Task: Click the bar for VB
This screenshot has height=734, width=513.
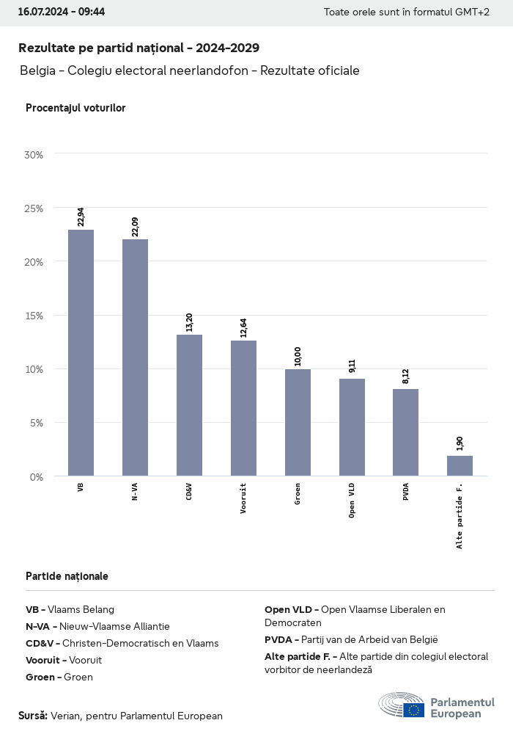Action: click(x=81, y=352)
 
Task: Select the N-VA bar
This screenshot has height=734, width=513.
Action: click(x=135, y=357)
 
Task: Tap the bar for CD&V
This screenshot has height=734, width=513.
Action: click(x=189, y=405)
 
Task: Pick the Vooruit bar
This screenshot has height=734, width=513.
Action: click(x=243, y=408)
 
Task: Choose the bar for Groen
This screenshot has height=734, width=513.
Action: click(x=298, y=422)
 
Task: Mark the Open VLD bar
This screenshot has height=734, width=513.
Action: click(x=352, y=427)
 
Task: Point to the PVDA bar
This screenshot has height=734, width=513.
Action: click(x=405, y=432)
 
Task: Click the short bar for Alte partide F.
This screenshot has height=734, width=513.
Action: click(x=460, y=466)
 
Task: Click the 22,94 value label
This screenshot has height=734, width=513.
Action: click(x=81, y=217)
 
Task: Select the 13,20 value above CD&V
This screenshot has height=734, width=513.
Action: click(x=190, y=322)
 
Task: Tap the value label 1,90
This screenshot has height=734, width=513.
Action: click(x=460, y=443)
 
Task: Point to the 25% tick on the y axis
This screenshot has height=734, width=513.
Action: click(x=34, y=208)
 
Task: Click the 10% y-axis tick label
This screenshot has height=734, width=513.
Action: click(x=34, y=369)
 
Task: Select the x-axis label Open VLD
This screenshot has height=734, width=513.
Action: click(x=353, y=501)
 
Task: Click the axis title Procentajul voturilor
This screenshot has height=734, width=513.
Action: click(x=75, y=108)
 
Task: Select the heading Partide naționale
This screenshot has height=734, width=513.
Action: click(x=67, y=576)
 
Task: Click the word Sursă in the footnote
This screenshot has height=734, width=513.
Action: click(x=33, y=715)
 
